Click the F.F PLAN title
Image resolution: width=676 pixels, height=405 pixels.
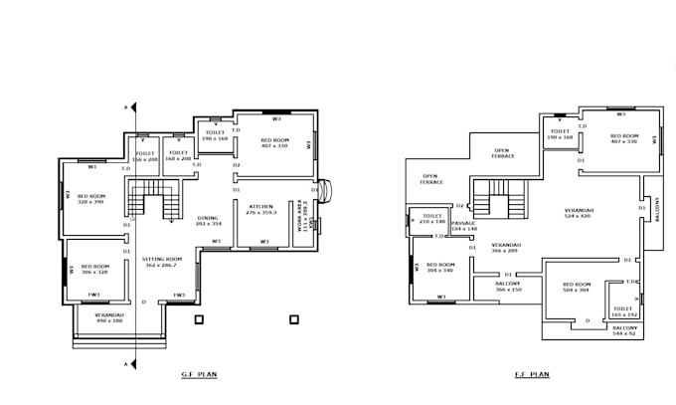point(533,376)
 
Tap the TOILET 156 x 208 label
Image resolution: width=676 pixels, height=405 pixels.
point(145,155)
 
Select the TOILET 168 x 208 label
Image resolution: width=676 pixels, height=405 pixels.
point(179,155)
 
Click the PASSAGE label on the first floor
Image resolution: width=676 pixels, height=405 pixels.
point(464,226)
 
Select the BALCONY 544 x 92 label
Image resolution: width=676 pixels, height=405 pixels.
point(623,330)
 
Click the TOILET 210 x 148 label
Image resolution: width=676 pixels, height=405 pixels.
point(431,218)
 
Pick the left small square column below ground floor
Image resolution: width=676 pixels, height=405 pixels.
point(199,319)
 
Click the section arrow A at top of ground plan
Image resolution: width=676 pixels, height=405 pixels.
point(126,105)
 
